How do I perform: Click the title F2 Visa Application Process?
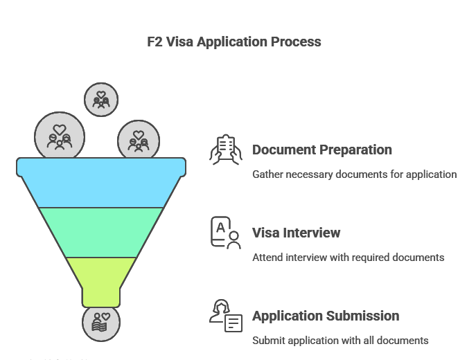[x=234, y=42]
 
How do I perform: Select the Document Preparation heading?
[x=321, y=150]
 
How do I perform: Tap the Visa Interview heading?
[x=296, y=233]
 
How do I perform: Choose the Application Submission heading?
[x=326, y=316]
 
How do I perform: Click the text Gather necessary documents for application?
[x=354, y=174]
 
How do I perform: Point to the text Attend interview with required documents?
[x=348, y=258]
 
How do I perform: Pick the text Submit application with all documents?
[x=340, y=341]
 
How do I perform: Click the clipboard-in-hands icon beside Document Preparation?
[x=226, y=150]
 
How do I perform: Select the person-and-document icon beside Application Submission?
[x=226, y=316]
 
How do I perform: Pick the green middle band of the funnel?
[x=101, y=232]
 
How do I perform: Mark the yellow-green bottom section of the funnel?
[x=101, y=277]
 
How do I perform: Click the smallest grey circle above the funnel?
[x=101, y=99]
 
